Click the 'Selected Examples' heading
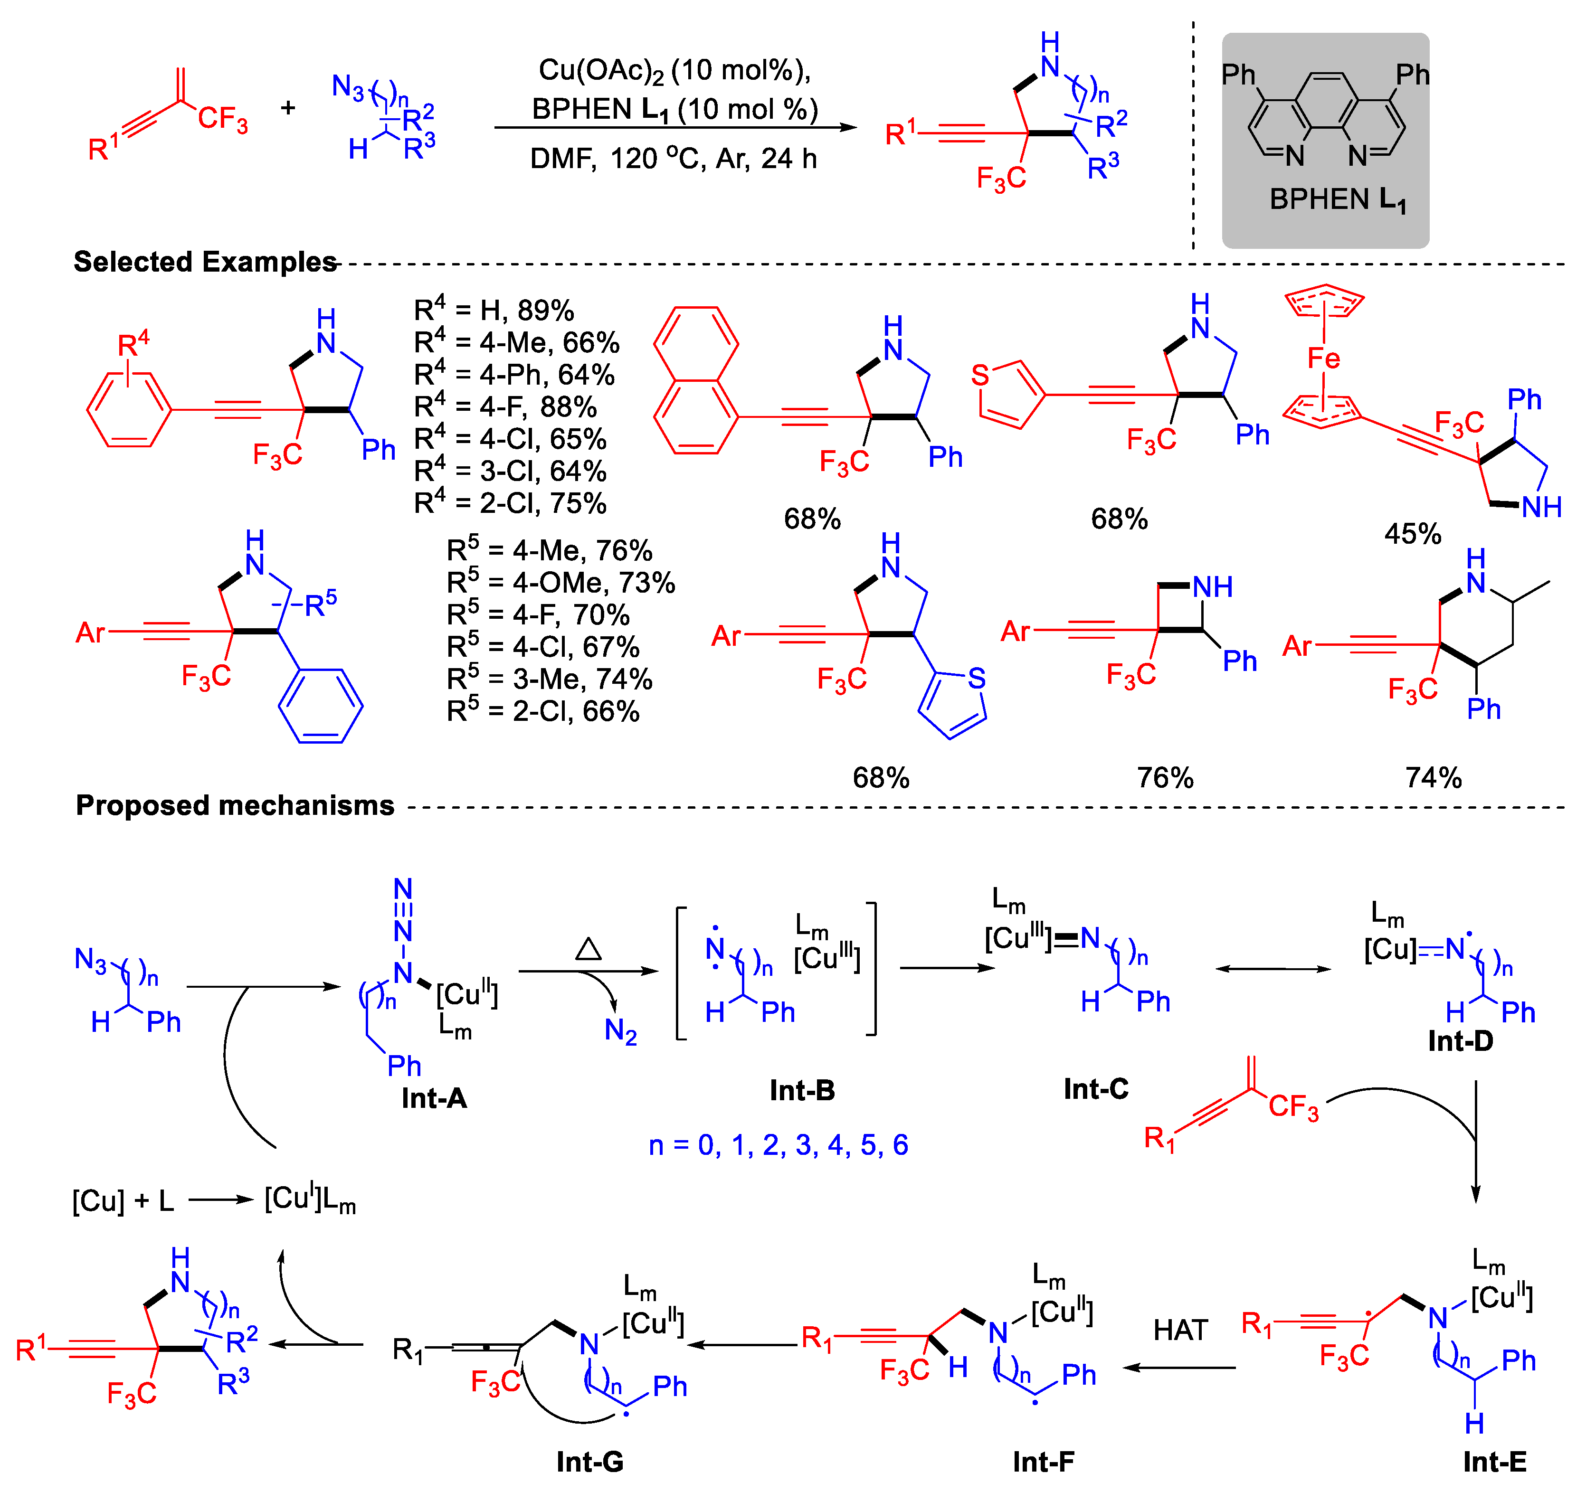click(x=205, y=262)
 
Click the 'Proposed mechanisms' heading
click(x=235, y=805)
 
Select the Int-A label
click(x=434, y=1098)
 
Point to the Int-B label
click(x=802, y=1090)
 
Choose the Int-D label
click(x=1460, y=1041)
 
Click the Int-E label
click(x=1494, y=1461)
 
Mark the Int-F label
click(x=1043, y=1461)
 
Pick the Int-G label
click(x=589, y=1461)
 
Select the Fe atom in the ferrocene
click(x=1323, y=359)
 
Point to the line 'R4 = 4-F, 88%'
click(x=505, y=406)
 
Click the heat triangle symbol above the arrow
click(x=588, y=948)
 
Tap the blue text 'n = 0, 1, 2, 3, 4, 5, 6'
click(x=778, y=1145)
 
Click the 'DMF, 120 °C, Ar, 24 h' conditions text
click(x=674, y=159)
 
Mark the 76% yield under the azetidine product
click(x=1165, y=777)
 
